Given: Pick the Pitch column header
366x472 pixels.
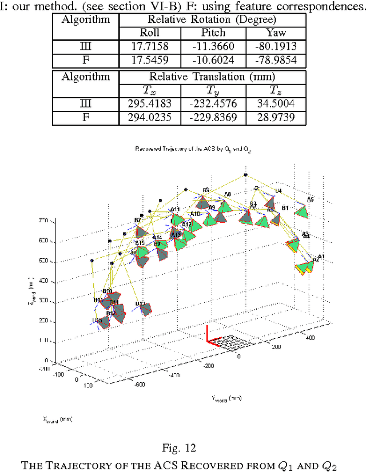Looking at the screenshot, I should pyautogui.click(x=213, y=33).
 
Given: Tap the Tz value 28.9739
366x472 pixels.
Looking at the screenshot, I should pyautogui.click(x=276, y=117).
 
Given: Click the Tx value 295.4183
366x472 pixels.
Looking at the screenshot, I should pyautogui.click(x=149, y=105).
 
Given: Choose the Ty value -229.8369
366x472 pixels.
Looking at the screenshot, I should pyautogui.click(x=213, y=117).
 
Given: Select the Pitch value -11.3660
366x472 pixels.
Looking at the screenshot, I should pyautogui.click(x=213, y=46).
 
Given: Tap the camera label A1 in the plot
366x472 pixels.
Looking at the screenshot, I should pyautogui.click(x=321, y=257).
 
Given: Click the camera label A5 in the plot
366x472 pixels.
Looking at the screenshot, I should pyautogui.click(x=311, y=199).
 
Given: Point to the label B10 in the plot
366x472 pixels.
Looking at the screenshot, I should pyautogui.click(x=107, y=291).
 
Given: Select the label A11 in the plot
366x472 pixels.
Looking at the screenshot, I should pyautogui.click(x=175, y=210).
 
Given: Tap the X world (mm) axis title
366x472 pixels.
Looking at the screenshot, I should pyautogui.click(x=57, y=419).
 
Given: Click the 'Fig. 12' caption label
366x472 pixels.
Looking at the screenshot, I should pyautogui.click(x=183, y=446).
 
